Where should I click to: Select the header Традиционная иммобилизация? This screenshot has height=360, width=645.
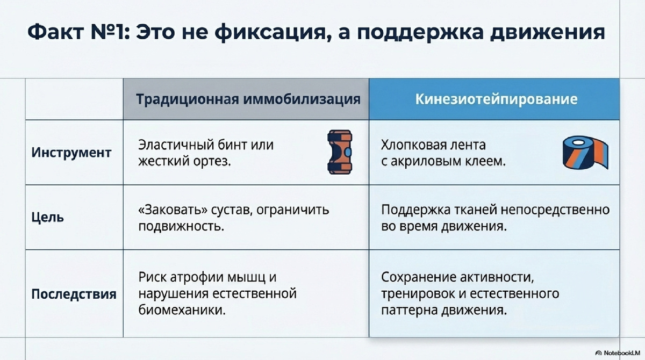(x=247, y=99)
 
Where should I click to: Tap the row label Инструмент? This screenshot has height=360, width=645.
(x=71, y=153)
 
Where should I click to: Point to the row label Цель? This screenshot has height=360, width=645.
(x=47, y=218)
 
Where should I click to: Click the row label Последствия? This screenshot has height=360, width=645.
(x=74, y=294)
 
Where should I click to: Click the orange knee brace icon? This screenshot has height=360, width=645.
(x=339, y=153)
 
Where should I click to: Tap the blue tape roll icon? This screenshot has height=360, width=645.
(x=587, y=153)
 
